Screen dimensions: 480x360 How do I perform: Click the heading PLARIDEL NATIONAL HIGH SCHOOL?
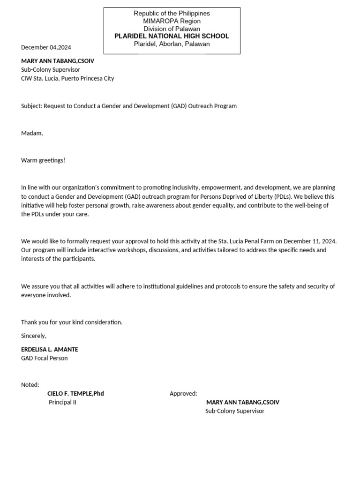172,36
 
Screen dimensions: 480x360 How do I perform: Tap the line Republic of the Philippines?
172,13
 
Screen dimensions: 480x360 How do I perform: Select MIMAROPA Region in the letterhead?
172,21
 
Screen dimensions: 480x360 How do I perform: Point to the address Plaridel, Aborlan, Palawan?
172,44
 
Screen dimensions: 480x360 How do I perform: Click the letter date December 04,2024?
46,47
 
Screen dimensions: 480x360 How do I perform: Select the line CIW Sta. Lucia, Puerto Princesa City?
67,78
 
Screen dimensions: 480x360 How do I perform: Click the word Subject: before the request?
31,106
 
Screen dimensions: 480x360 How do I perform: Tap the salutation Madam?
32,133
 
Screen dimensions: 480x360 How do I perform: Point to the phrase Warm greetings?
43,160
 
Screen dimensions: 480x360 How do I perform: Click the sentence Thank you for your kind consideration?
72,322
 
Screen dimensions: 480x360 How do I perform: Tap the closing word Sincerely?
34,336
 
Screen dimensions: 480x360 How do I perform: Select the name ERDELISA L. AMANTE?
50,349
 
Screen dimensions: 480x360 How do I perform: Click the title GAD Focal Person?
44,358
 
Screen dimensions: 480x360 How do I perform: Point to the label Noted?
30,385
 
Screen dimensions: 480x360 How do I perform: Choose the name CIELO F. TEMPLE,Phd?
75,394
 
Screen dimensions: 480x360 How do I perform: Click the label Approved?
183,394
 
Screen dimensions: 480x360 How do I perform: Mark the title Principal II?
62,402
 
